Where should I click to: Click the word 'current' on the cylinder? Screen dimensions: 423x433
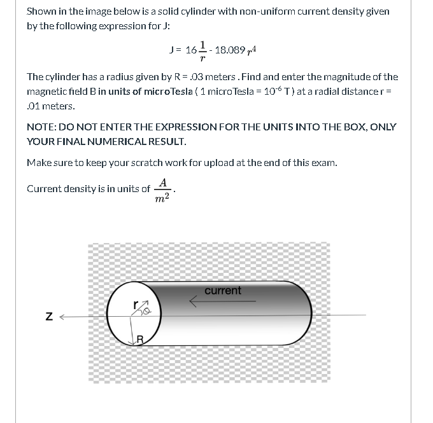point(223,291)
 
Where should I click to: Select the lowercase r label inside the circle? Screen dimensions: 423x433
point(135,303)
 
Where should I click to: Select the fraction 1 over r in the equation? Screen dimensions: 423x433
point(202,50)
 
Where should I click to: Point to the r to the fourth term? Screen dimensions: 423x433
point(253,50)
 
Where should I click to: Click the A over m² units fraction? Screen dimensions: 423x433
point(164,190)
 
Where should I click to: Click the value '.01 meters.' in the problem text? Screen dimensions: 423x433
point(51,106)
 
